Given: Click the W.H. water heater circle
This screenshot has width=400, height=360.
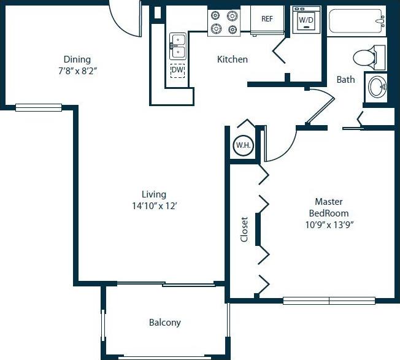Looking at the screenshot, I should (x=241, y=146).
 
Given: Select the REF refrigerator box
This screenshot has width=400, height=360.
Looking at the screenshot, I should (x=267, y=19).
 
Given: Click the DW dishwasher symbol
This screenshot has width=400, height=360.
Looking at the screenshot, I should (x=177, y=71).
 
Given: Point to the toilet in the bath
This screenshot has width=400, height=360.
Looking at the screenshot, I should (x=368, y=58).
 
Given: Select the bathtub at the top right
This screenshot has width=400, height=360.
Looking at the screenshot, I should (x=356, y=23).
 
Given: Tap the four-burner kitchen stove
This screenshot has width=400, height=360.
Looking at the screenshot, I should (x=224, y=23).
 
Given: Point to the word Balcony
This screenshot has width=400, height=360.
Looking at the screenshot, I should (x=165, y=323).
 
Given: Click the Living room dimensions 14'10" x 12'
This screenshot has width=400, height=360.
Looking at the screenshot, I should (x=153, y=206).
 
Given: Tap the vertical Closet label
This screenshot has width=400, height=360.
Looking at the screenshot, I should (x=244, y=229).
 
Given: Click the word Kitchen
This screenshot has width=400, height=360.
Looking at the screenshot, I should (x=233, y=59).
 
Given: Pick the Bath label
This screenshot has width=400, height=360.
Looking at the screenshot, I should (x=345, y=80).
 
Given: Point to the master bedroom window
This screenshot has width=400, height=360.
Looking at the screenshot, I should (x=329, y=301).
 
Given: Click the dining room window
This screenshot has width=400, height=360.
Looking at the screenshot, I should (x=38, y=108).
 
